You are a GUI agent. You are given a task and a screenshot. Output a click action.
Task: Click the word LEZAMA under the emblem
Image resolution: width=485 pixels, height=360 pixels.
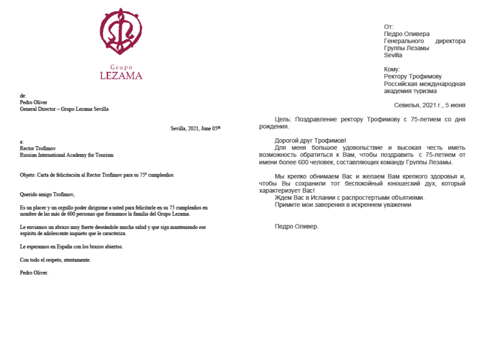tap(121, 75)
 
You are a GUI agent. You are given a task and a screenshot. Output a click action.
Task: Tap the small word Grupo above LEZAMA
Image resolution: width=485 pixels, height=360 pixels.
tap(121, 67)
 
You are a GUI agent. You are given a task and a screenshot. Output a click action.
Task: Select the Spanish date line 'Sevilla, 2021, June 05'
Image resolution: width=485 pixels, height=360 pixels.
tap(195, 128)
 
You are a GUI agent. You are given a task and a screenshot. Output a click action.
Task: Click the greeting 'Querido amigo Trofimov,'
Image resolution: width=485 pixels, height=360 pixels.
tap(48, 194)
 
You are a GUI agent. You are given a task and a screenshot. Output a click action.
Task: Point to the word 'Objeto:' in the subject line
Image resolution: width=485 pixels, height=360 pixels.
tap(27, 175)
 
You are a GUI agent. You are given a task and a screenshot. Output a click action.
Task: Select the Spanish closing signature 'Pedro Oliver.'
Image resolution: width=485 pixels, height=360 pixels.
tap(34, 273)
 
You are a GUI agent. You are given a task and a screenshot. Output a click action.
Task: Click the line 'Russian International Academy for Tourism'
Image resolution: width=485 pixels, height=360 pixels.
tap(67, 155)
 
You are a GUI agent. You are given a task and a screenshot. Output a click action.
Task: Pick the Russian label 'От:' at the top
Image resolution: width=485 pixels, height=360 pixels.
tap(388, 27)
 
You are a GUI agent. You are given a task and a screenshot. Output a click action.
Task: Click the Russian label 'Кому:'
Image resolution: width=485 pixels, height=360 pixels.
tap(391, 69)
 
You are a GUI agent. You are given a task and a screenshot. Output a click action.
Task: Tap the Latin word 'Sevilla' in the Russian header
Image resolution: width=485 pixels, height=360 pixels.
tap(393, 55)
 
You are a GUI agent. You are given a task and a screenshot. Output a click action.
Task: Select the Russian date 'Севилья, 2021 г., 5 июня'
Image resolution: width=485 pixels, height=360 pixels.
tap(430, 105)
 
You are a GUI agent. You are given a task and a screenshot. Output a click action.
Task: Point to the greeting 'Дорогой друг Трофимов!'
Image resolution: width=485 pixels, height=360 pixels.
tap(310, 141)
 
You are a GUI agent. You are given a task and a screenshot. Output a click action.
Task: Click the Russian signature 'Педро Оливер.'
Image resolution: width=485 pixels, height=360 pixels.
tap(296, 226)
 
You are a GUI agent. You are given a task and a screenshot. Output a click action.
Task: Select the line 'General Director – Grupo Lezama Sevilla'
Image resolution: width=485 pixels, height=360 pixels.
tap(64, 109)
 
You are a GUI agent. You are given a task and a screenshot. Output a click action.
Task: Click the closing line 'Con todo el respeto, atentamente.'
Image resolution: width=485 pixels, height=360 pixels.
tap(55, 260)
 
